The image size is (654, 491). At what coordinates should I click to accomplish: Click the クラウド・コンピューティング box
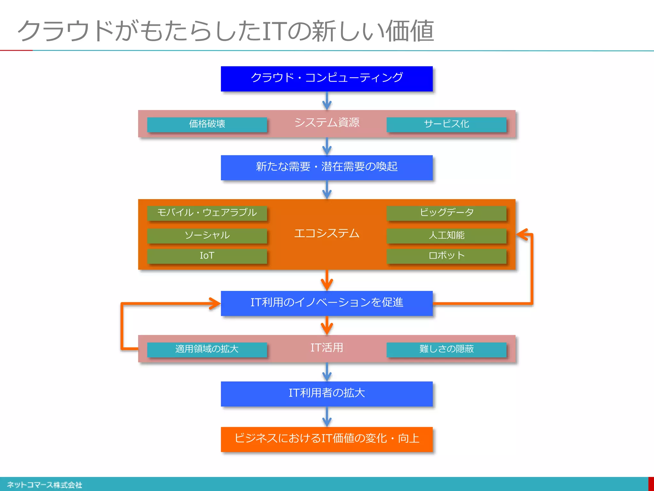tap(327, 79)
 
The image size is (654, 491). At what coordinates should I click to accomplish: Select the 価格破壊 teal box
tap(207, 124)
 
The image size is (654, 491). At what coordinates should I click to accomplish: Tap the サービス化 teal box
tap(446, 124)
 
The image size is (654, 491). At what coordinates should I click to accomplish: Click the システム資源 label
tap(327, 122)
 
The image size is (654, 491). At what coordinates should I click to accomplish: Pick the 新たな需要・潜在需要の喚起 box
tap(327, 168)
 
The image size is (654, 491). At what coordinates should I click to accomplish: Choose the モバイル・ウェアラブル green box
tap(207, 213)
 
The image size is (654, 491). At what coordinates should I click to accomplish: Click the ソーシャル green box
tap(207, 236)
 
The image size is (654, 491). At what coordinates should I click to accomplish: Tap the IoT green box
tap(207, 256)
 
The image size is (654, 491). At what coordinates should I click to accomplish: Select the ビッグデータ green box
tap(446, 213)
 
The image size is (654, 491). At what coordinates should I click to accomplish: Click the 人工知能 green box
tap(446, 236)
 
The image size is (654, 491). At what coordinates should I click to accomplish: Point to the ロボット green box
tap(446, 256)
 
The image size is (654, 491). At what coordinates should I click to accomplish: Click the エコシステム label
tap(327, 233)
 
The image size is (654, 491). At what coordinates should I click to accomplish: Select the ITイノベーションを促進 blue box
tap(327, 303)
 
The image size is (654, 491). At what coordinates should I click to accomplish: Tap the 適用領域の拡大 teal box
tap(207, 349)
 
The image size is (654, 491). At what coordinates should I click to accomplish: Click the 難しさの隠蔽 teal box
tap(446, 349)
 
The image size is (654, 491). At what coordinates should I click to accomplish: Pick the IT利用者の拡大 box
tap(327, 394)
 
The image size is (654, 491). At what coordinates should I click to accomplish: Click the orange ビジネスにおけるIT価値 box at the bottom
tap(327, 439)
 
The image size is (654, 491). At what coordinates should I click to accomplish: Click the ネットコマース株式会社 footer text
tap(45, 485)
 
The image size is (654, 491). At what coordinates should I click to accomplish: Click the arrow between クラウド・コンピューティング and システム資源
tap(327, 101)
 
